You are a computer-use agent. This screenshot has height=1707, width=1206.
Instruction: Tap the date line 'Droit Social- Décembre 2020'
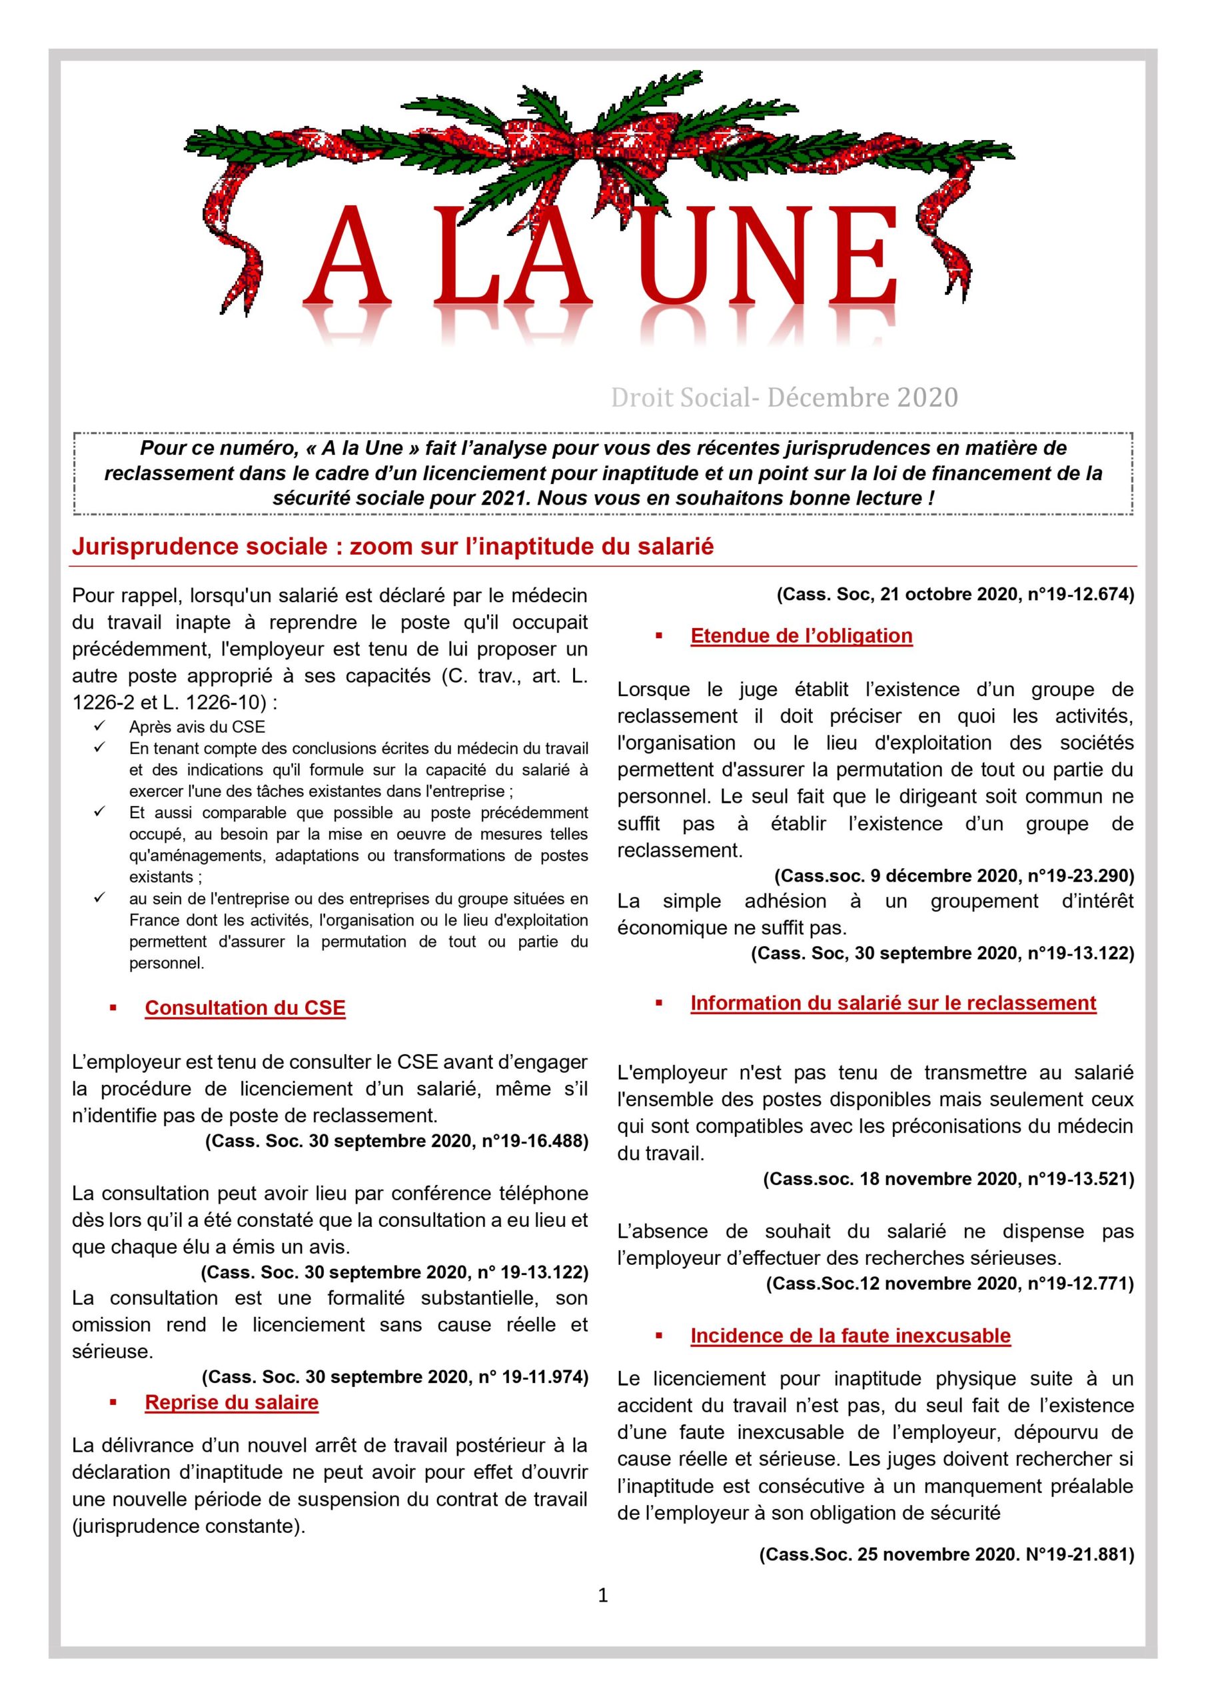pos(784,399)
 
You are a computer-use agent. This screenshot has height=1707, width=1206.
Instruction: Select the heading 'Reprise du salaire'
pos(232,1402)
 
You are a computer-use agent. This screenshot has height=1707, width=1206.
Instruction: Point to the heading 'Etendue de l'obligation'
pos(801,635)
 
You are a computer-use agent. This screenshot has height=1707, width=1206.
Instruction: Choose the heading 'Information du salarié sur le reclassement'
pos(893,1003)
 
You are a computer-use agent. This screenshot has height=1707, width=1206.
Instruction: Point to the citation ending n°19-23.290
pos(954,875)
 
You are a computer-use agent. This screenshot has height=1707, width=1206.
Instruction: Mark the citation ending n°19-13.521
pos(948,1178)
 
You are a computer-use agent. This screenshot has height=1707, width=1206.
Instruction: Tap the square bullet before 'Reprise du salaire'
pos(114,1402)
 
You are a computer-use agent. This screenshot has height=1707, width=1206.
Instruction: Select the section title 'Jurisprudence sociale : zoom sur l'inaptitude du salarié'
pos(392,547)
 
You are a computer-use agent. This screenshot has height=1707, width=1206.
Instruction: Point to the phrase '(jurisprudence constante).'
pos(189,1526)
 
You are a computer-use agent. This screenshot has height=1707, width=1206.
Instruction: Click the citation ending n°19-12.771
pos(949,1283)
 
